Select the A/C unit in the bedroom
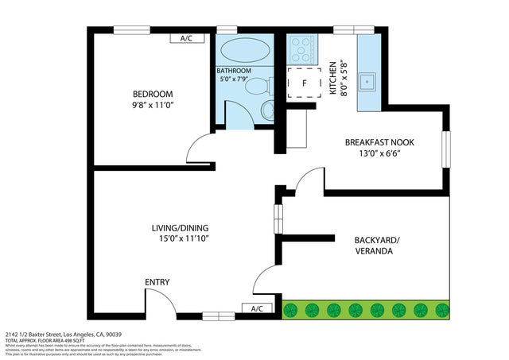tap(188, 38)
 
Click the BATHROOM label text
tap(234, 71)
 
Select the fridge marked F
tap(304, 83)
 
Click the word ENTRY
tap(157, 282)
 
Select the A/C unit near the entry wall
tap(257, 308)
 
